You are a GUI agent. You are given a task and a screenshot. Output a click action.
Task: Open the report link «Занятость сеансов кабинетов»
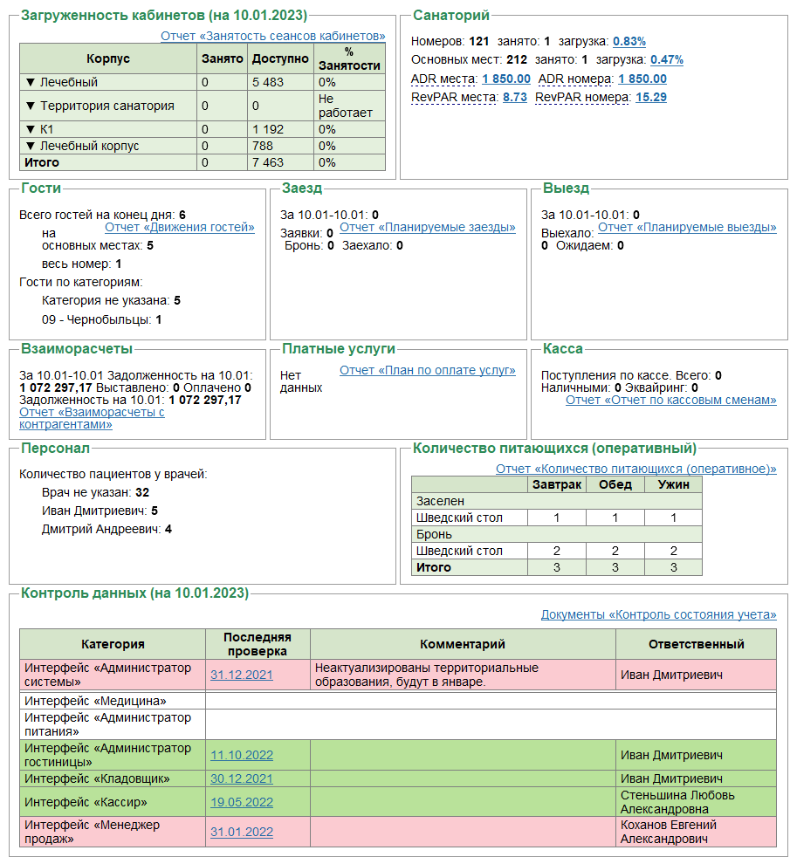[272, 36]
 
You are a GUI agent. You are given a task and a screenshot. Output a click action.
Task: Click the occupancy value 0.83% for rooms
[629, 41]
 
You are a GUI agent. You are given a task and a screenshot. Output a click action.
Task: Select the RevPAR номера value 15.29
[650, 97]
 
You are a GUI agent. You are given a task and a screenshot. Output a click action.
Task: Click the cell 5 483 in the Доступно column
[268, 82]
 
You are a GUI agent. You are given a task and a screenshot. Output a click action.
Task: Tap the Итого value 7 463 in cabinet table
[268, 162]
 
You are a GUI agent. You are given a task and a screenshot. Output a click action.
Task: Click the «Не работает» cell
[345, 106]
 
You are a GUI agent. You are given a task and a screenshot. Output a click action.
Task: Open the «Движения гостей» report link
[179, 227]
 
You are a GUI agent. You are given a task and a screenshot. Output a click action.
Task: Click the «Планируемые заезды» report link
[427, 227]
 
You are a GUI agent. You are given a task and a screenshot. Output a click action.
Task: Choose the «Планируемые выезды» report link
[687, 227]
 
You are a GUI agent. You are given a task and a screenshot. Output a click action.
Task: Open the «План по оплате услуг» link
[427, 370]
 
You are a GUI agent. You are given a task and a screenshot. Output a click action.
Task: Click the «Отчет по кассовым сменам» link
[670, 400]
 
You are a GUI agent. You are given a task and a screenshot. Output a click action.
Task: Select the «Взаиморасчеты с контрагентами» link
[92, 418]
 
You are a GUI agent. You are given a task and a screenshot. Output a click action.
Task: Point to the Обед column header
[615, 484]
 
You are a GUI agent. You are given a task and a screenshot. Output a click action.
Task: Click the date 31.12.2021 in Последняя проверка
[241, 675]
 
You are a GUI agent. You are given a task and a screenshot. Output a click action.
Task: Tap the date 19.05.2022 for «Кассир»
[241, 802]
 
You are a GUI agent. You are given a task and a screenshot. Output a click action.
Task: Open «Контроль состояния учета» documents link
[658, 614]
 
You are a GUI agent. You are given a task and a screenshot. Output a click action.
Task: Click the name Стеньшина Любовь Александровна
[677, 802]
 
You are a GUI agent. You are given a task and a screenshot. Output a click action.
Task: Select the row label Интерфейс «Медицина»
[95, 700]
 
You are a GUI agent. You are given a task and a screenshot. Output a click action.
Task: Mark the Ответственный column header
[696, 644]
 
